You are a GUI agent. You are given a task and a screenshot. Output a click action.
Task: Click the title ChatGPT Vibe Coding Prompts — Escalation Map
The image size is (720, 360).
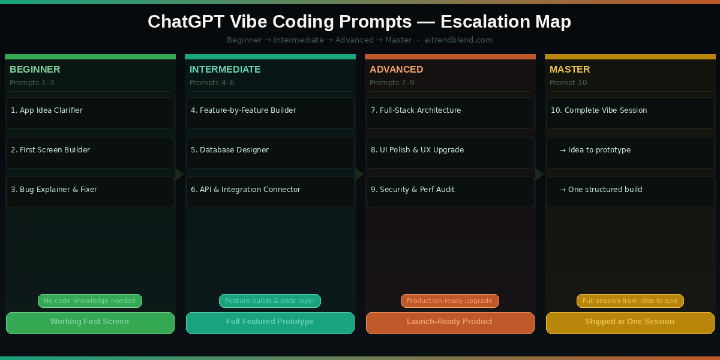pyautogui.click(x=359, y=22)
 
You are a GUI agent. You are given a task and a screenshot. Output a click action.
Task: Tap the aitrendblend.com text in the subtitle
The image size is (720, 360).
pyautogui.click(x=458, y=40)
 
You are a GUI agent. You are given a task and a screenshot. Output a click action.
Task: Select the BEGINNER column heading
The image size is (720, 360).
pyautogui.click(x=35, y=70)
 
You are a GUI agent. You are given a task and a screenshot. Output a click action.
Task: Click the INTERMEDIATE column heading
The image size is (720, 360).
pyautogui.click(x=225, y=70)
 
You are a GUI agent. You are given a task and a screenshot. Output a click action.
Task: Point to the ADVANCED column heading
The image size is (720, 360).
pyautogui.click(x=396, y=70)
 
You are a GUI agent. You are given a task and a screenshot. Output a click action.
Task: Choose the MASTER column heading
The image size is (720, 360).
pyautogui.click(x=569, y=70)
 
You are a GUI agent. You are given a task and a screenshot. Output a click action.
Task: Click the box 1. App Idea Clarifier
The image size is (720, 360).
pyautogui.click(x=90, y=113)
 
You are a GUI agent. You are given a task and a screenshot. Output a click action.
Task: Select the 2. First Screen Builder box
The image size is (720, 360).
pyautogui.click(x=90, y=152)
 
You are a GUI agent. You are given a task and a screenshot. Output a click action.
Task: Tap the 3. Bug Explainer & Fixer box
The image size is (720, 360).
pyautogui.click(x=90, y=192)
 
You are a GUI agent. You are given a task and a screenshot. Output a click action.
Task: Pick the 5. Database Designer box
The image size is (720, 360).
pyautogui.click(x=270, y=152)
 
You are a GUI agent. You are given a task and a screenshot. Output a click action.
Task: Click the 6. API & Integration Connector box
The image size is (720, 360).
pyautogui.click(x=270, y=192)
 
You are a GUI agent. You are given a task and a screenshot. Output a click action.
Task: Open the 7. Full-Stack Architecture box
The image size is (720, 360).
pyautogui.click(x=450, y=113)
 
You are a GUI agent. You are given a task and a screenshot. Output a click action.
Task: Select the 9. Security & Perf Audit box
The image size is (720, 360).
pyautogui.click(x=450, y=192)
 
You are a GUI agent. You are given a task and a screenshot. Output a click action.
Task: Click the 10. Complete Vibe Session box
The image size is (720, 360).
pyautogui.click(x=630, y=113)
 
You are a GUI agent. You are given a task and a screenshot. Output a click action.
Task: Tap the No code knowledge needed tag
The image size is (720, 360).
pyautogui.click(x=90, y=301)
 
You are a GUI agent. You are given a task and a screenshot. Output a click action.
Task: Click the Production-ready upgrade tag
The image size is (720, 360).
pyautogui.click(x=450, y=301)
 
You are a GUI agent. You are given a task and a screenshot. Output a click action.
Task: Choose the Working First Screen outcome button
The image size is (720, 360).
pyautogui.click(x=90, y=323)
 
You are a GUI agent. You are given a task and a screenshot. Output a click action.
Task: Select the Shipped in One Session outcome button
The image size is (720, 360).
pyautogui.click(x=630, y=323)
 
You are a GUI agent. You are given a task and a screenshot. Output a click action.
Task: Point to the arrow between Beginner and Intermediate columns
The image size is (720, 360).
pyautogui.click(x=179, y=174)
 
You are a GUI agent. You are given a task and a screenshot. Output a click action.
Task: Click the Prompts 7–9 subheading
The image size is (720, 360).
pyautogui.click(x=392, y=83)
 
